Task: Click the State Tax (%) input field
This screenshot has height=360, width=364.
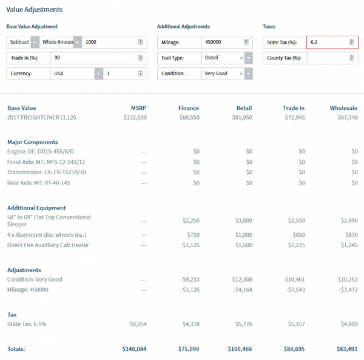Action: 328,42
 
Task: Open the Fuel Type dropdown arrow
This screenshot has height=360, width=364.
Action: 248,58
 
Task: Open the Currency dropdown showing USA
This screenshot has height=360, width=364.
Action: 73,73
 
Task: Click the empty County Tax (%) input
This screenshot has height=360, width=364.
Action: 328,58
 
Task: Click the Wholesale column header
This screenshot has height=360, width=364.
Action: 343,108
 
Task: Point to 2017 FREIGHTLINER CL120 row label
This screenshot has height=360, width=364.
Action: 42,117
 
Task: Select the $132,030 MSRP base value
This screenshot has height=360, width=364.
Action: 135,117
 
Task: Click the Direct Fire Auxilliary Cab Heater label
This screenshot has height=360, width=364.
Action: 49,245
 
